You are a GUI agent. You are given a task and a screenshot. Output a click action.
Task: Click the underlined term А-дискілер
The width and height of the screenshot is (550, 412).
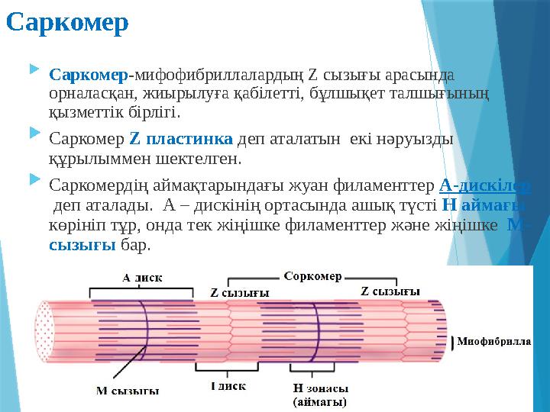point(486,185)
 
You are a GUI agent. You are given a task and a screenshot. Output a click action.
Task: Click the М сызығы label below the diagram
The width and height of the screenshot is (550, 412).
point(127,391)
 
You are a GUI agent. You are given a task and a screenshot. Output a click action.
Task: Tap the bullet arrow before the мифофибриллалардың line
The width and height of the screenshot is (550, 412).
point(33,70)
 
